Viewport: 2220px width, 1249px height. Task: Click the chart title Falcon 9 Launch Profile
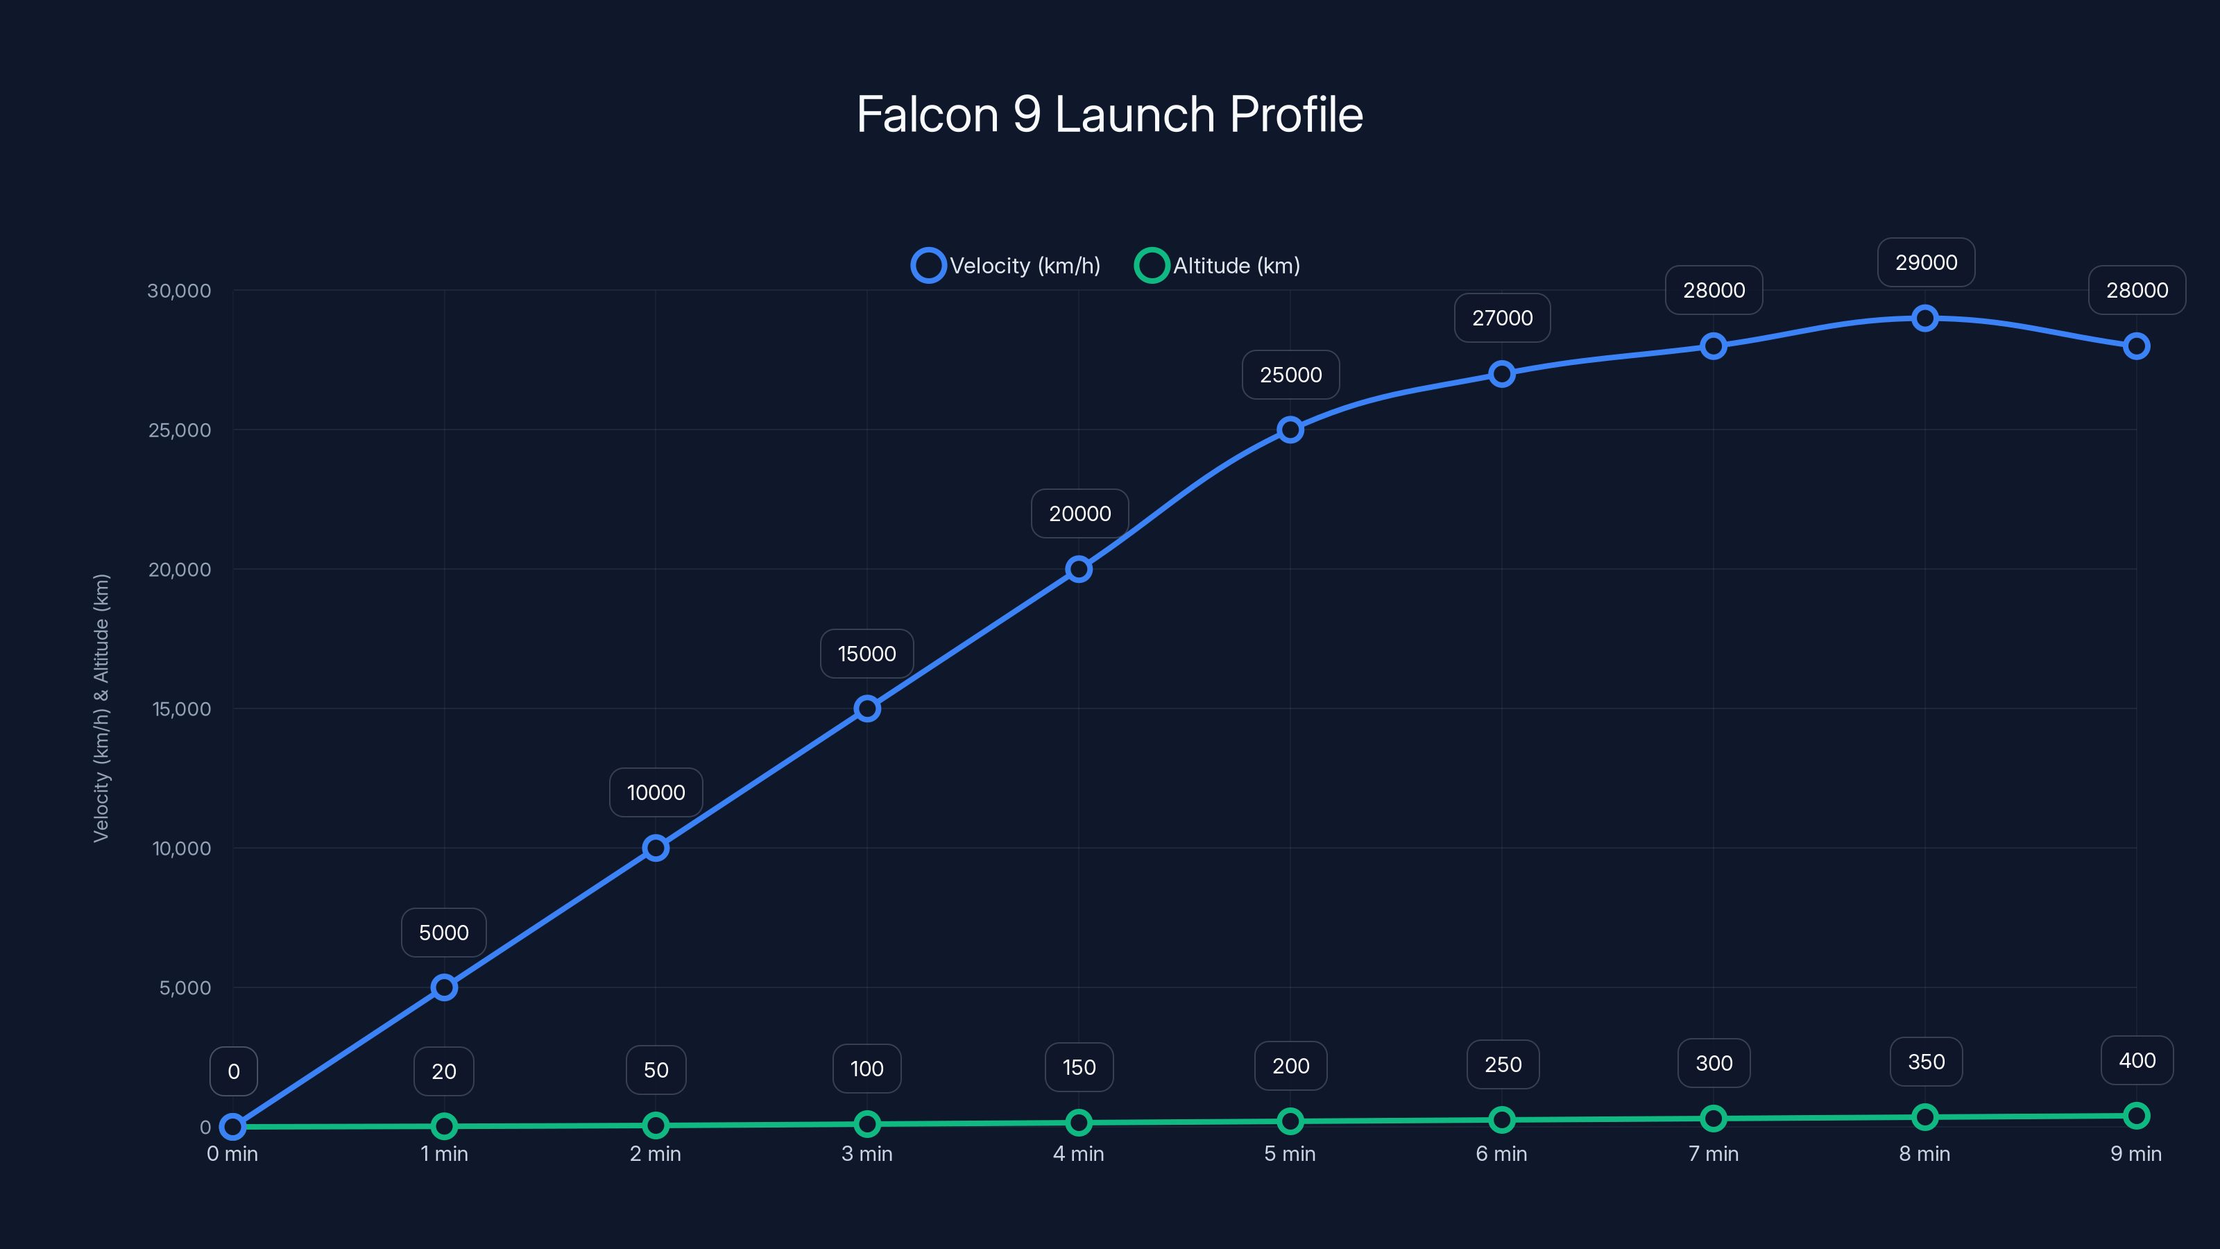tap(1109, 114)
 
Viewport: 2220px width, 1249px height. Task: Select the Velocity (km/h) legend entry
tap(1006, 266)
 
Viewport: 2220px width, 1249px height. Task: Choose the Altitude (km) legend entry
tap(1217, 266)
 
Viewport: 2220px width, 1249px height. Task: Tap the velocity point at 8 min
tap(1924, 318)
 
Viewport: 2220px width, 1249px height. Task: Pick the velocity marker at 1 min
tap(444, 987)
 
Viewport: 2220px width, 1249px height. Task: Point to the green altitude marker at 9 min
tap(2135, 1115)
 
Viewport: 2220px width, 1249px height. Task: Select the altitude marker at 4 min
tap(1078, 1122)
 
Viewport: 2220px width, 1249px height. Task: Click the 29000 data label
tap(1925, 262)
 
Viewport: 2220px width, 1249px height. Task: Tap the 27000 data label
tap(1502, 318)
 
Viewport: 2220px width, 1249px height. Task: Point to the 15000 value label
tap(867, 654)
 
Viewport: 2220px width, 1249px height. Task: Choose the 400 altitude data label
tap(2137, 1060)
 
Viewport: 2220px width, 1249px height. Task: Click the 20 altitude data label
tap(444, 1071)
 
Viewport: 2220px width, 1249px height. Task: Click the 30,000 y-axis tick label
tap(179, 291)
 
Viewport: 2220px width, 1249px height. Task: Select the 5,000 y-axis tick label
tap(185, 988)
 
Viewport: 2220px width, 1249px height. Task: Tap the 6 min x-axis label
tap(1501, 1153)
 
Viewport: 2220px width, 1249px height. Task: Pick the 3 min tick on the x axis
tap(867, 1153)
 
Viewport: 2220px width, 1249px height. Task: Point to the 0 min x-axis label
tap(232, 1153)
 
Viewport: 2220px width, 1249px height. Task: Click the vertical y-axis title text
tap(102, 708)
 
